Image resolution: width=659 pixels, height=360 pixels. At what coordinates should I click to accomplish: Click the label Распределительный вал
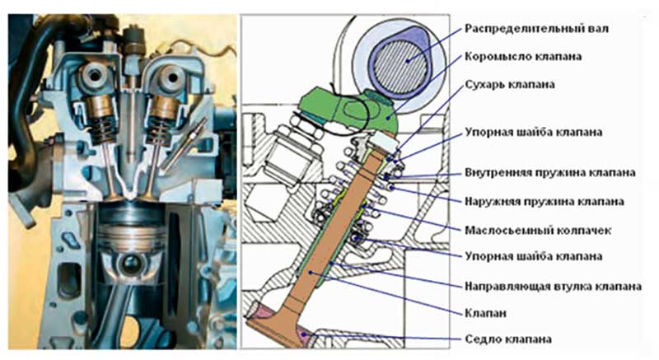[536, 29]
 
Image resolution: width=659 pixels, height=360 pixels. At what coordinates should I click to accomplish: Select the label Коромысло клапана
[523, 57]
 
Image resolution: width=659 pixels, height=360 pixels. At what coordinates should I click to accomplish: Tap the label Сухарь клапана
[509, 84]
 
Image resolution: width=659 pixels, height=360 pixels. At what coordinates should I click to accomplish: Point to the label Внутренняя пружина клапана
[549, 173]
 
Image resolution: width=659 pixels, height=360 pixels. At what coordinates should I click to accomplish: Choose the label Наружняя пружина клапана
[544, 202]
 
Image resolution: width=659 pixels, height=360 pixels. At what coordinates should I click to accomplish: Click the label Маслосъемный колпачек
[538, 230]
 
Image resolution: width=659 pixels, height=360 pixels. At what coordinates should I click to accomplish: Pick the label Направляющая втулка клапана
[553, 287]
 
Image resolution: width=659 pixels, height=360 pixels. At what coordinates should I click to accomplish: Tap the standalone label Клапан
[485, 313]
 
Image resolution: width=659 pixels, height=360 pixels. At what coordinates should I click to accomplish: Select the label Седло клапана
[507, 339]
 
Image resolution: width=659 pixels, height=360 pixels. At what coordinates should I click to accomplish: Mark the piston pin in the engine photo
[132, 264]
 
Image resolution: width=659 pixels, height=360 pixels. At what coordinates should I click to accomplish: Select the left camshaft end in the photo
[94, 76]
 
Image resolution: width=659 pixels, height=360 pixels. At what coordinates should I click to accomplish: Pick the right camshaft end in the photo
[171, 77]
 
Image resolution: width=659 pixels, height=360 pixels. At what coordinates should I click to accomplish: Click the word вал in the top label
[597, 29]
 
